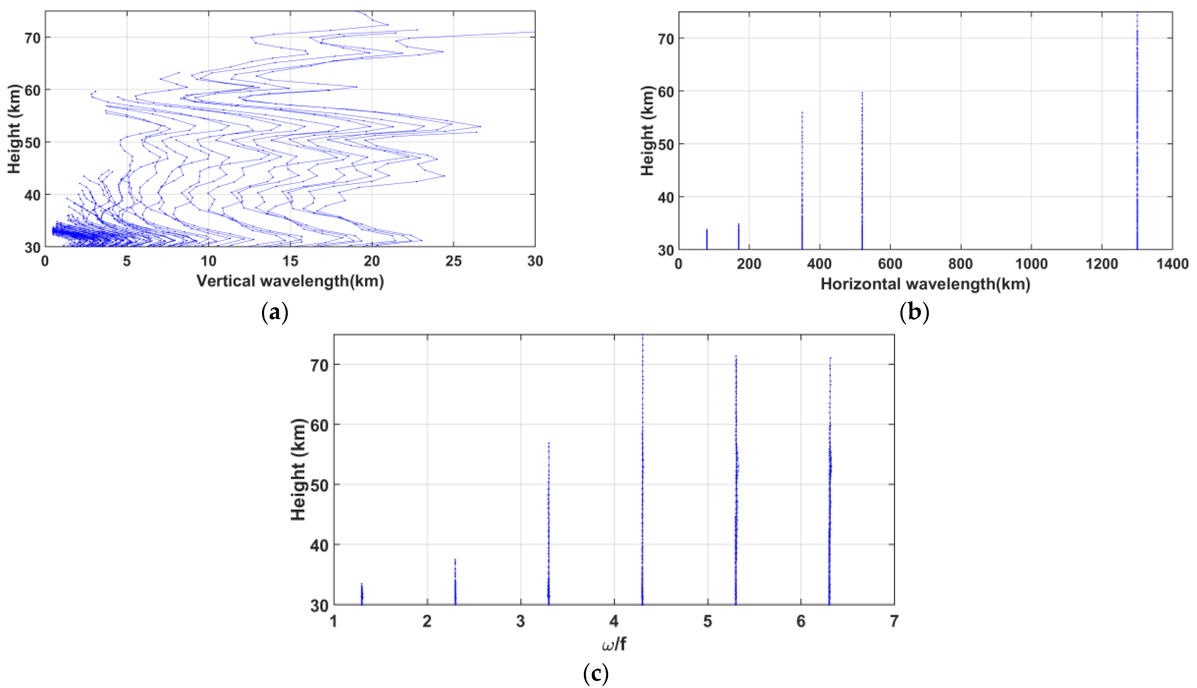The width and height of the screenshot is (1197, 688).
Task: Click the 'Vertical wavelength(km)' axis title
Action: click(290, 281)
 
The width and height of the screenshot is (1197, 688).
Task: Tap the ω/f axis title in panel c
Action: click(614, 644)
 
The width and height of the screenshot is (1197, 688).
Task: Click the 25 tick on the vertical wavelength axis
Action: click(453, 261)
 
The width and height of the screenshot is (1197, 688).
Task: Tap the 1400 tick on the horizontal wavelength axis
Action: click(1172, 264)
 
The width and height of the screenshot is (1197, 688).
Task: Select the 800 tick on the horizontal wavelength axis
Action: click(961, 264)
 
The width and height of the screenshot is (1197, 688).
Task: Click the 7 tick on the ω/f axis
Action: click(894, 621)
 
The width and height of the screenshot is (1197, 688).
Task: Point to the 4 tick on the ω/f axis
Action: click(614, 621)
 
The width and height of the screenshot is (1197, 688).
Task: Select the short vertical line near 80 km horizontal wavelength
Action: click(707, 240)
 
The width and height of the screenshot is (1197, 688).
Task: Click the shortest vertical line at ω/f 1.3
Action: click(362, 594)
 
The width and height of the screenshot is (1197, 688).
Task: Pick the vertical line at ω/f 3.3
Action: click(549, 525)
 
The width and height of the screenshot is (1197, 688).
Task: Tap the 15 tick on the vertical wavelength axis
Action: click(290, 261)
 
